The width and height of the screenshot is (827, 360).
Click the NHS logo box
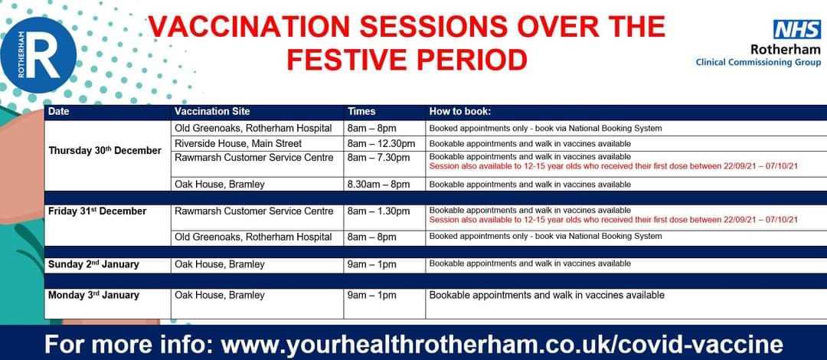click(x=797, y=30)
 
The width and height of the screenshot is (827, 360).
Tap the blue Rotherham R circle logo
click(x=38, y=55)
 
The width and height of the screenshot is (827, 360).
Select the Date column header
click(x=58, y=111)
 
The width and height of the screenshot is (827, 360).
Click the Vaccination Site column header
click(x=212, y=111)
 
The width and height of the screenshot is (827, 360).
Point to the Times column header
click(x=361, y=111)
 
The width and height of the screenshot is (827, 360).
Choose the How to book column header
click(x=460, y=111)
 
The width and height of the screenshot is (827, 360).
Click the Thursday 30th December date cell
click(x=105, y=150)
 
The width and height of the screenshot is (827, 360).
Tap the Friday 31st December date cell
click(x=97, y=211)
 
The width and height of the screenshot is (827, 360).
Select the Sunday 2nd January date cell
click(x=93, y=264)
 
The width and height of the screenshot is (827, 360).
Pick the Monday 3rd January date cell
click(x=93, y=295)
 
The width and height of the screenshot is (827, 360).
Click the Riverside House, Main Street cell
click(x=238, y=143)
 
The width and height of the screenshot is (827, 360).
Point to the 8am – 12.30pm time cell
click(x=381, y=143)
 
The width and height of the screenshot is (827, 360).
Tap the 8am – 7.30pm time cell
click(x=379, y=157)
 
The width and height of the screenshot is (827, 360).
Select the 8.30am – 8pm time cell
click(x=379, y=185)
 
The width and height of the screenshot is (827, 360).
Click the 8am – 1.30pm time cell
click(x=379, y=211)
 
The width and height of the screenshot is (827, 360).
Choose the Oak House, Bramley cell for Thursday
click(x=220, y=185)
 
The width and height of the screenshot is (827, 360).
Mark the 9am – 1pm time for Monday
click(x=372, y=296)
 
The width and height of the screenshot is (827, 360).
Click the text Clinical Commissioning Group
click(x=758, y=62)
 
